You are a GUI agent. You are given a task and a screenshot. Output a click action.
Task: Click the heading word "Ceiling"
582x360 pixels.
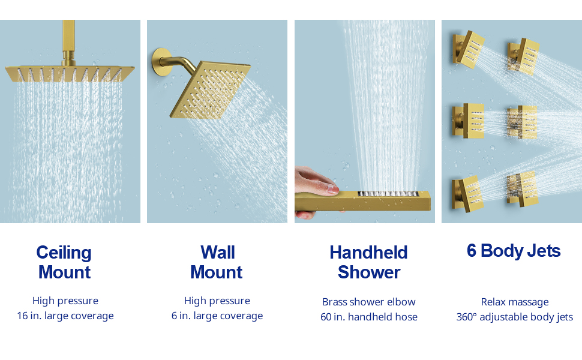click(64, 253)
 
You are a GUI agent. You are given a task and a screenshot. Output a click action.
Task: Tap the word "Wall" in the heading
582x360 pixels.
click(218, 253)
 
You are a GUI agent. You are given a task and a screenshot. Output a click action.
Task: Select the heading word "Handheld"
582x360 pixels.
click(368, 253)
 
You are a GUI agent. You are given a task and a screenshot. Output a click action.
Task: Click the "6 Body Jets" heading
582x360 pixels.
click(514, 251)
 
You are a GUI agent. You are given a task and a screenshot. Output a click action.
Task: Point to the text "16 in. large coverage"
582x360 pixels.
click(65, 316)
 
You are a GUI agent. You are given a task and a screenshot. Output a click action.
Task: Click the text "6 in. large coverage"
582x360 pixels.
click(217, 316)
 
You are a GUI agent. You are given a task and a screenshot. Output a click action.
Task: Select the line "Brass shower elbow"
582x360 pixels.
click(368, 302)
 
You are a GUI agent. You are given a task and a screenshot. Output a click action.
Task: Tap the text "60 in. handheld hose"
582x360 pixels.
click(369, 317)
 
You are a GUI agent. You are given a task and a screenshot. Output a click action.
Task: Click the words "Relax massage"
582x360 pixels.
click(515, 302)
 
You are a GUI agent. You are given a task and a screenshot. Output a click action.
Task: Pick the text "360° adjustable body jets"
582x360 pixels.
click(515, 317)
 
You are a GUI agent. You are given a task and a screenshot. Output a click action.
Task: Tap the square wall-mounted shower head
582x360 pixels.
click(210, 90)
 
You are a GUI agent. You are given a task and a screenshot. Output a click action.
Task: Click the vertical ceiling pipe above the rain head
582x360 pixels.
click(69, 39)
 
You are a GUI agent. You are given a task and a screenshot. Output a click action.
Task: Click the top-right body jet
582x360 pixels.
click(524, 56)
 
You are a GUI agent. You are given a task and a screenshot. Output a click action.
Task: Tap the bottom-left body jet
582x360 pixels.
click(467, 194)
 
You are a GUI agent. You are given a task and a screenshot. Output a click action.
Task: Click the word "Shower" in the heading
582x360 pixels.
click(369, 272)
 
